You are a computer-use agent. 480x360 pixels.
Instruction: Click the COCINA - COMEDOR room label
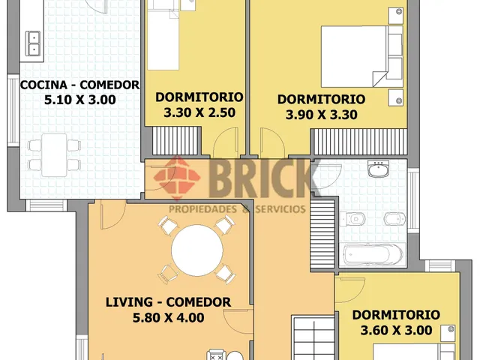coord(79,85)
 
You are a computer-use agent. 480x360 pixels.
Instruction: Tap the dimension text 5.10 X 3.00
coord(80,100)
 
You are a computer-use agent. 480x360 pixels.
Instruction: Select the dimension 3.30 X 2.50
coord(199,112)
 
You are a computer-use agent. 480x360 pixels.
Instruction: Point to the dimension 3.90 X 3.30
coord(322,115)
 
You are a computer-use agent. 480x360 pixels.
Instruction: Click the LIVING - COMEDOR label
coord(168,302)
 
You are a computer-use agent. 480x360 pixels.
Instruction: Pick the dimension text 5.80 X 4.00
coord(168,317)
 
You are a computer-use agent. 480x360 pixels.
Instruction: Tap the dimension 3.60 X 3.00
coord(397,330)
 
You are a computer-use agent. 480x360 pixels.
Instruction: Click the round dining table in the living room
coord(196,250)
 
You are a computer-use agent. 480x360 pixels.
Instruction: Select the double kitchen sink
coord(33,43)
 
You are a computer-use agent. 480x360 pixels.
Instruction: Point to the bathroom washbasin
coord(378,169)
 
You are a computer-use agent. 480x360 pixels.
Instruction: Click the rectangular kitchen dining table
coord(55,155)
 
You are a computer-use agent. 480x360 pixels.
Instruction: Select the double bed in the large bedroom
coord(361,57)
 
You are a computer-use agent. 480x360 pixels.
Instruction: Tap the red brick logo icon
coord(177,178)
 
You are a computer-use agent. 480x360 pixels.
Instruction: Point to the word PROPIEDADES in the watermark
coord(203,209)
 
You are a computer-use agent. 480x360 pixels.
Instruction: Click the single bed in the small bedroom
coord(163,35)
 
